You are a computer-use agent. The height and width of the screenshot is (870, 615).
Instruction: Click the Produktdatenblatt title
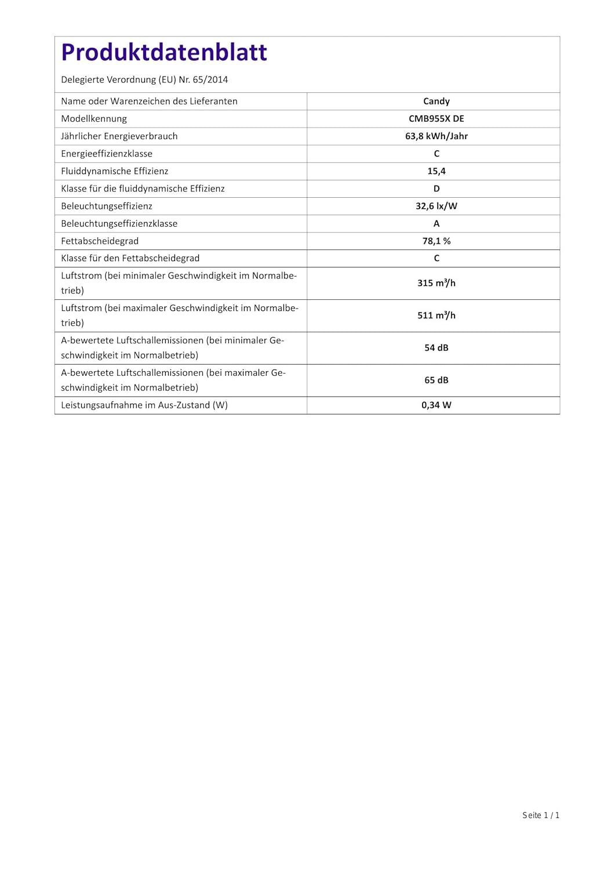(x=164, y=53)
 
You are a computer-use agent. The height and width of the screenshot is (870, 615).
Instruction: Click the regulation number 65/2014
(x=210, y=79)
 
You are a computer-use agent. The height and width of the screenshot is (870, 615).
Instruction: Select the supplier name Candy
(x=436, y=101)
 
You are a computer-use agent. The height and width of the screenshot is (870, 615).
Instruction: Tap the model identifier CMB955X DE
(x=436, y=118)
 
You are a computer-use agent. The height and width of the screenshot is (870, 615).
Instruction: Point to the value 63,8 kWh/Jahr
(x=436, y=136)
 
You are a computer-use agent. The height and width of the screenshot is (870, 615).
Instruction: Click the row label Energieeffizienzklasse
(x=107, y=154)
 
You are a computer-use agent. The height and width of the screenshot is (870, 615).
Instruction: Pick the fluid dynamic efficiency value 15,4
(x=436, y=171)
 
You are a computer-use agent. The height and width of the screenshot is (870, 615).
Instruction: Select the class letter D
(x=436, y=188)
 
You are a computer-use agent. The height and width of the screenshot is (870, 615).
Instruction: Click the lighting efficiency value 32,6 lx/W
(x=436, y=206)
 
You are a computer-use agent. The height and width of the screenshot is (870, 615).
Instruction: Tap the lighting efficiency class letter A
(x=436, y=223)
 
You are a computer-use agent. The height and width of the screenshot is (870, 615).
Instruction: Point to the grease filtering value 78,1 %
(x=436, y=241)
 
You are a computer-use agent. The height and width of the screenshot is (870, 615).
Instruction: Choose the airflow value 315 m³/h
(x=436, y=283)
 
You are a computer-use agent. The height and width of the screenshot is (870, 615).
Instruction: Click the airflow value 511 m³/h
(x=436, y=316)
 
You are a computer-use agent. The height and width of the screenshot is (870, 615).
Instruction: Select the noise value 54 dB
(x=436, y=348)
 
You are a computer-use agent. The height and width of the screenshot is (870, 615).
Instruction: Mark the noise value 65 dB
(x=436, y=380)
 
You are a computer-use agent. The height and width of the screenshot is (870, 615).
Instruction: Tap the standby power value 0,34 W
(x=436, y=405)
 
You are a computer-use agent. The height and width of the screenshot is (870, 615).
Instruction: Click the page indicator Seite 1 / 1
(x=540, y=815)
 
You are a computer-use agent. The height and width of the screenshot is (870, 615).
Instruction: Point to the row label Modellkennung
(x=94, y=118)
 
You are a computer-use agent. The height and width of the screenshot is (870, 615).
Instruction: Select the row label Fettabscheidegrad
(x=100, y=241)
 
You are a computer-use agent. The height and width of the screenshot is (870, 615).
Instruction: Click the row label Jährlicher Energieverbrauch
(x=119, y=136)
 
